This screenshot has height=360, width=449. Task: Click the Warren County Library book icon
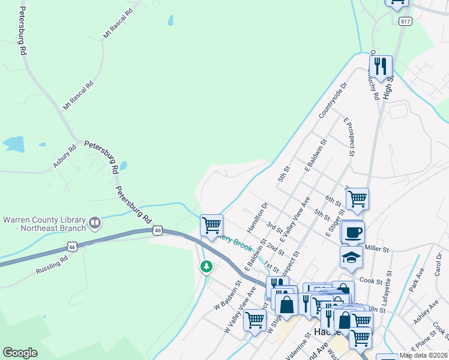pos(94,223)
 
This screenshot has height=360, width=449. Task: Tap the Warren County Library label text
pos(44,223)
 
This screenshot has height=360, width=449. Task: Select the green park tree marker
pos(206,266)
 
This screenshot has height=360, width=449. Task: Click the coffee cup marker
pos(352,232)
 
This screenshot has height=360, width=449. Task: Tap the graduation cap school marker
pos(351,257)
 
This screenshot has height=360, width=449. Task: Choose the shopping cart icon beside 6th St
pos(357,198)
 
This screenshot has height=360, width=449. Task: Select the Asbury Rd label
pos(64,157)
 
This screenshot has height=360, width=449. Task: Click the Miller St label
pos(377,248)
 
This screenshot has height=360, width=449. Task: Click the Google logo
pos(20,353)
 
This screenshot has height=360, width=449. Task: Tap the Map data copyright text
pos(423,355)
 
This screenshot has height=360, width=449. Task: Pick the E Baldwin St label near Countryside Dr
pos(316,157)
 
